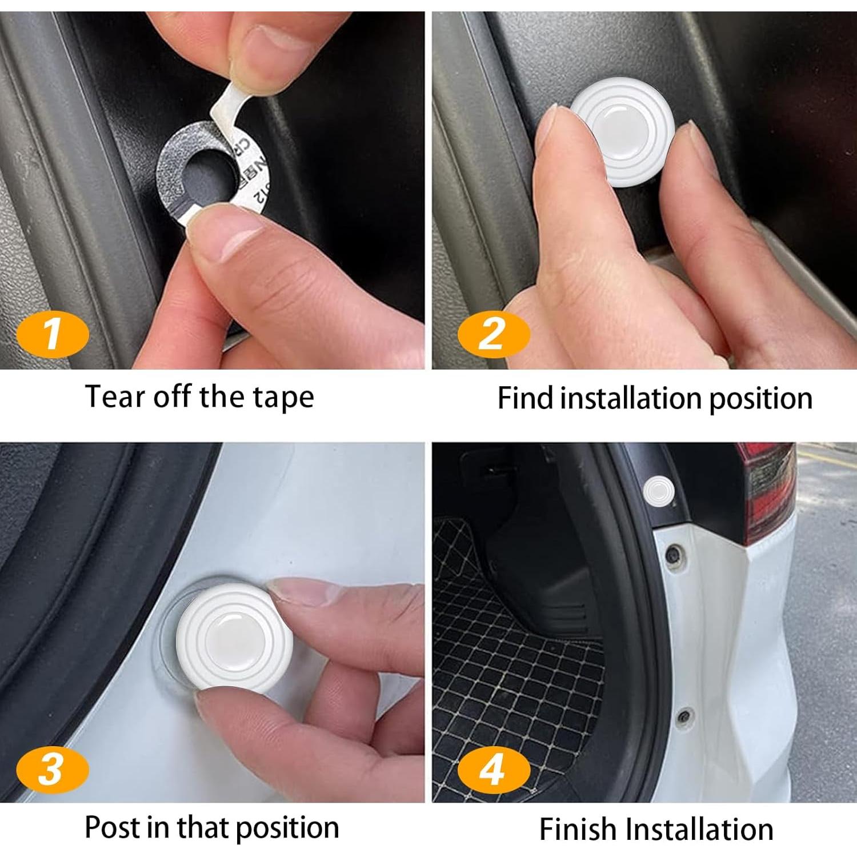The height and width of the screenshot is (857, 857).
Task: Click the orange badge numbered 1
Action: click(53, 335)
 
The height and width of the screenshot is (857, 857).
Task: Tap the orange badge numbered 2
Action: click(494, 335)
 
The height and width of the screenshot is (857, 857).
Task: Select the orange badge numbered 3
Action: click(53, 769)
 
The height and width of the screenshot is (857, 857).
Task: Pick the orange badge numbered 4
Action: click(494, 769)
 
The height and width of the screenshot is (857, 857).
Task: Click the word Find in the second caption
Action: click(524, 398)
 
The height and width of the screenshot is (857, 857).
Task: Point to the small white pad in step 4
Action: click(659, 490)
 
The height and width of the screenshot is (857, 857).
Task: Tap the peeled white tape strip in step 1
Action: click(229, 103)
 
